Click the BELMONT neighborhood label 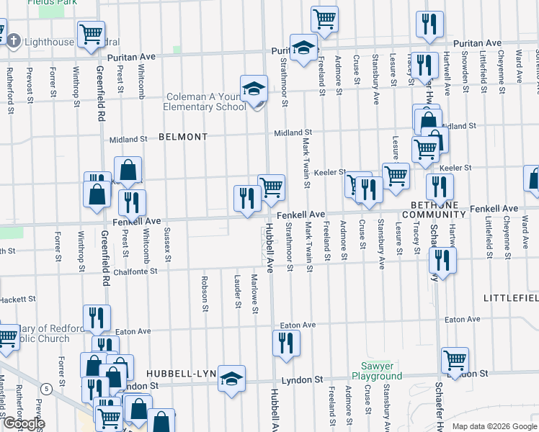[183, 136]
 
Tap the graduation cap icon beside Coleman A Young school [254, 89]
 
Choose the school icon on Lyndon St [232, 378]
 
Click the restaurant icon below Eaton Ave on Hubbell [286, 343]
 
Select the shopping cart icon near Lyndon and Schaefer [455, 360]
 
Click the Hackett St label [17, 299]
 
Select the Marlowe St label [254, 294]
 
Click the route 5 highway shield [46, 389]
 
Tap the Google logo [24, 423]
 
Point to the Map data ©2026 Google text [494, 426]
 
